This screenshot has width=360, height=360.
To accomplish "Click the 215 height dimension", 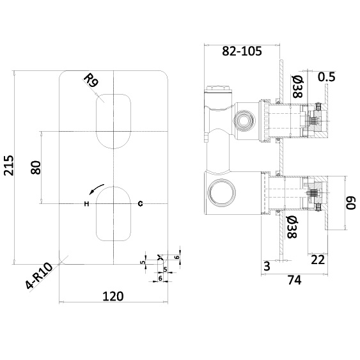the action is click(9, 166).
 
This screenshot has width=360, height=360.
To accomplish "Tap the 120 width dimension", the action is click(113, 297).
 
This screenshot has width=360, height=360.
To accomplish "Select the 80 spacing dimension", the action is click(36, 168).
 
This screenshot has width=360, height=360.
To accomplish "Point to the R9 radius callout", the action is click(91, 81).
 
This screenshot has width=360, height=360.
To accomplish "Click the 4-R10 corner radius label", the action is click(39, 277).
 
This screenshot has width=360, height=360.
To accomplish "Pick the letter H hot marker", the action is click(86, 203).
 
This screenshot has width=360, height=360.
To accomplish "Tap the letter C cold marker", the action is click(140, 203).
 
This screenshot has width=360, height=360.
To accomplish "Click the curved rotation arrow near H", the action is click(97, 189).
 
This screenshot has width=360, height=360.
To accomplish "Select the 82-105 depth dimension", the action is click(242, 51).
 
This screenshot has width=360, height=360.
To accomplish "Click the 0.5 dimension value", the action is click(327, 77).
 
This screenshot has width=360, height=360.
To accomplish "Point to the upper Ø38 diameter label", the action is click(298, 86).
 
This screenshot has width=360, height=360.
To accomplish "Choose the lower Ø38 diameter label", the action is click(292, 227).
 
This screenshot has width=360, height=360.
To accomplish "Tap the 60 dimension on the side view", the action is click(350, 203).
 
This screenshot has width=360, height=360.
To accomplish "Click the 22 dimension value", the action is click(318, 260).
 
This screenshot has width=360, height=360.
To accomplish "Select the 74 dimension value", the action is click(295, 280).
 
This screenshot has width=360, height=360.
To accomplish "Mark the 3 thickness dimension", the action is click(267, 266).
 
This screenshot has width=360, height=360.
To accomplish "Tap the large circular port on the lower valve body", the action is click(221, 192).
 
